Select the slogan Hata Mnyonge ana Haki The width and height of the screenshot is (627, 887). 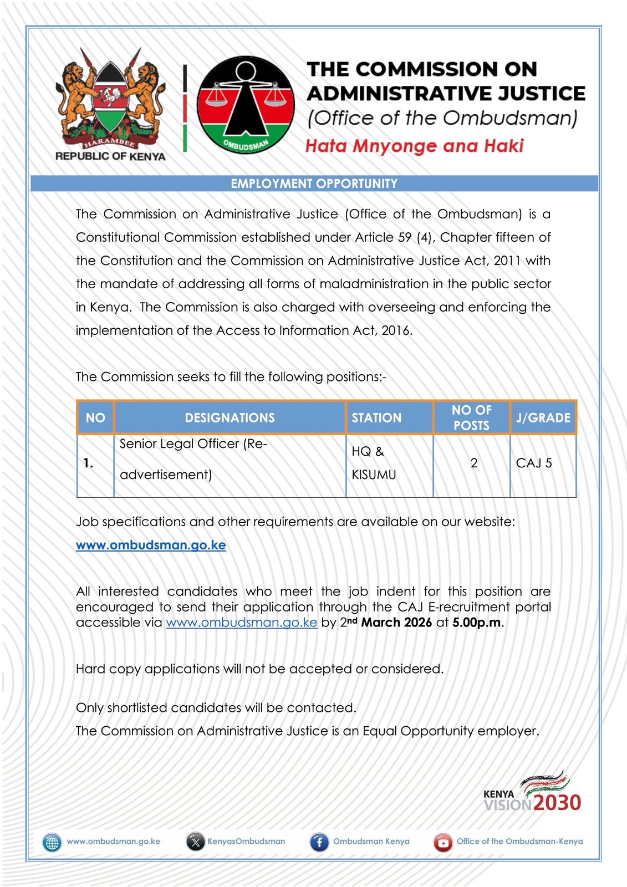[414, 146]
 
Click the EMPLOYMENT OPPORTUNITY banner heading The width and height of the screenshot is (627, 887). [314, 183]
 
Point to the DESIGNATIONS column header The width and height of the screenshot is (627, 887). [230, 417]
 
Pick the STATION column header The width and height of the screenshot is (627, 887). [376, 417]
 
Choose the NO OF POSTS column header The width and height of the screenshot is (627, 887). [471, 417]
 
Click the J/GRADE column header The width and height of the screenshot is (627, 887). [543, 417]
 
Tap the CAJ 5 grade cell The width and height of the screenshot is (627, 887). [534, 463]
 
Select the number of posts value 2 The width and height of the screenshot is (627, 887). [474, 463]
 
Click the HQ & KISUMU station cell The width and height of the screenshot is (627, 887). [374, 463]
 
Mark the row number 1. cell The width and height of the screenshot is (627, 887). [89, 463]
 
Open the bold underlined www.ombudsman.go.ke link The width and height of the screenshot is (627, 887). [151, 545]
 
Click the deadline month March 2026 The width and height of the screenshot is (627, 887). [396, 623]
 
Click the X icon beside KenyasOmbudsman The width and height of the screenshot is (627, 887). [195, 842]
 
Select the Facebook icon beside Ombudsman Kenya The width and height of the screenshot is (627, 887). [319, 842]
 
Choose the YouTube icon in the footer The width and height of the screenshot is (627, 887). [443, 842]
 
